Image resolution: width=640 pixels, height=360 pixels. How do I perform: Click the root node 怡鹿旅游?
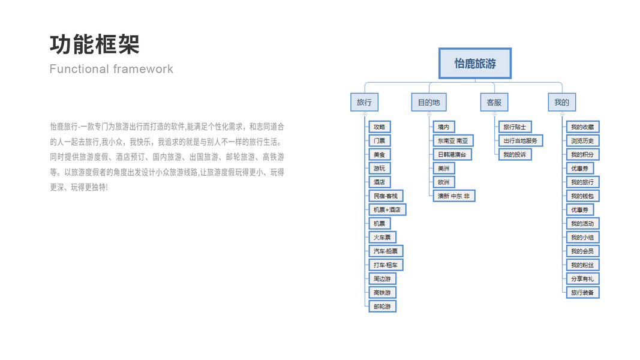474,64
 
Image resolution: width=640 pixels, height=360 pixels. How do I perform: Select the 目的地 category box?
429,102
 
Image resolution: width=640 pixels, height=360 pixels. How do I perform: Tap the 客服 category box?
494,102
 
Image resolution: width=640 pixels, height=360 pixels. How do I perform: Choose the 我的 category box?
561,102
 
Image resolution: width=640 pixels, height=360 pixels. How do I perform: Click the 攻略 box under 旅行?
379,127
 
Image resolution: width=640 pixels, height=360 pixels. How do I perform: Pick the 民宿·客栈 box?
385,196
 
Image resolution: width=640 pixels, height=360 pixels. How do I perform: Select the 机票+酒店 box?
387,209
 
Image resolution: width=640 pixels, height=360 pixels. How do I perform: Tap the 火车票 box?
381,237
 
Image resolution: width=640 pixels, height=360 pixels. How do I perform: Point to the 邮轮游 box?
381,306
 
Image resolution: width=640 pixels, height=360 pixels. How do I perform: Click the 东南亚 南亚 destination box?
453,140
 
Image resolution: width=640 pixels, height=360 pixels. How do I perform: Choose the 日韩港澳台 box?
452,154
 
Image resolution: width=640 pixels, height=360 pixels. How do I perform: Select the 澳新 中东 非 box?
453,196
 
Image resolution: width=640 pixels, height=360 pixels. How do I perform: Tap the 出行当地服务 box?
520,140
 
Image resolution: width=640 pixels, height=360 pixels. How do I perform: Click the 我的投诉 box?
514,154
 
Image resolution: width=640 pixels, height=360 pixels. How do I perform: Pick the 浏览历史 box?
582,140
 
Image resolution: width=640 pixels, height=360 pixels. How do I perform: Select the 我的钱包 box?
582,196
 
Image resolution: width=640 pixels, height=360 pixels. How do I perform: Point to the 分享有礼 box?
582,278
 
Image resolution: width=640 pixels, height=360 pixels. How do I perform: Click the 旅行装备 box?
582,292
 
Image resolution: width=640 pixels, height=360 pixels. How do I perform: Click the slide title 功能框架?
95,44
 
